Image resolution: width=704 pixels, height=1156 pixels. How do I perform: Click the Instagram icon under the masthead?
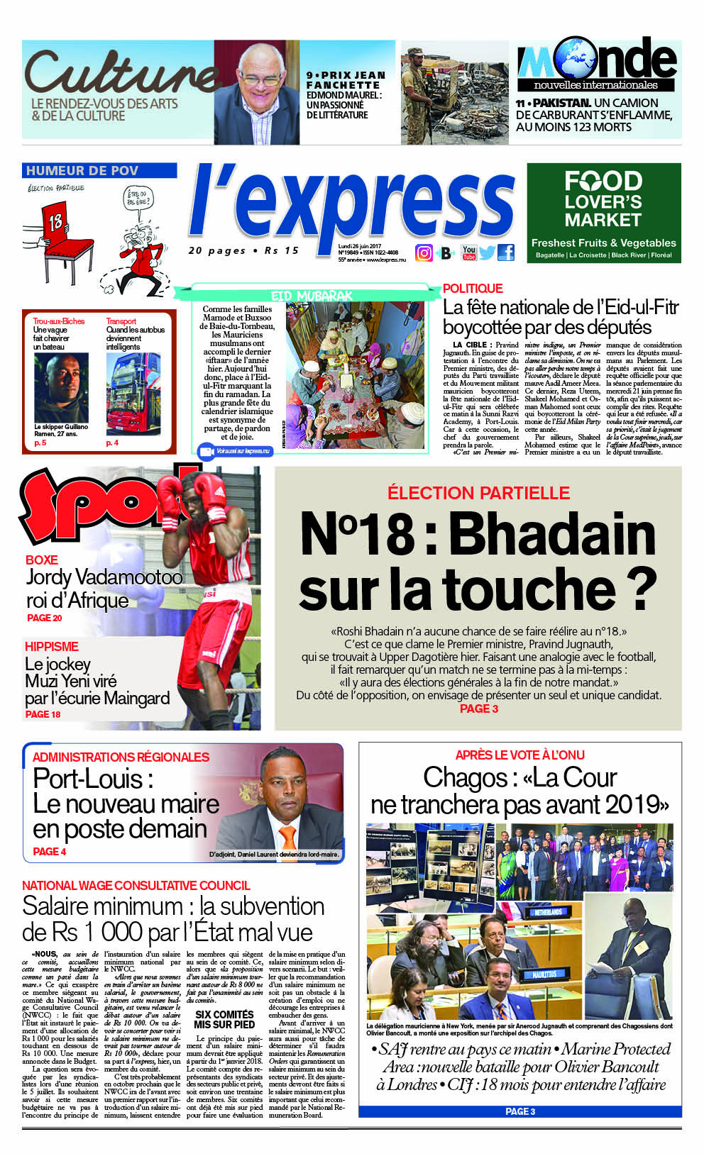pos(424,253)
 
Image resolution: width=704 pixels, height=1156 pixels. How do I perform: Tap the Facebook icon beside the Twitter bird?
pos(506,252)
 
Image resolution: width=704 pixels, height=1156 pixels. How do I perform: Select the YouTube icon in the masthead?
pos(469,252)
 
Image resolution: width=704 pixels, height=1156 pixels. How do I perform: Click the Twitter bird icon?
pos(488,252)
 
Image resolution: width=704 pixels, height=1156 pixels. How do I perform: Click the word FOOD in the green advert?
pos(603,182)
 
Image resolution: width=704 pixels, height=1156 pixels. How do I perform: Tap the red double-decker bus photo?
pos(133,394)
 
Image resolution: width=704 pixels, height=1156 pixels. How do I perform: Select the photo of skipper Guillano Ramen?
pos(62,387)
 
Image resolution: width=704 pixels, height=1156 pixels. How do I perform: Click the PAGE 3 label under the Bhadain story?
pos(479,708)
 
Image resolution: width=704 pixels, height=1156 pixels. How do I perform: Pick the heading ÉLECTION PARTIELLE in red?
pos(478,493)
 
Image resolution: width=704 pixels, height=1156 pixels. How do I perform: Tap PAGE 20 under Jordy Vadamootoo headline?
pos(44,618)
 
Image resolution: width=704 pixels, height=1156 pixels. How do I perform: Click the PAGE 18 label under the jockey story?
pos(43,714)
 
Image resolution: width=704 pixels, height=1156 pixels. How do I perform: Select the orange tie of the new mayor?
pos(287,836)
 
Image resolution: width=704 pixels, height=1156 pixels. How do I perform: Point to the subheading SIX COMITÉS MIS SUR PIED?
pos(224,1019)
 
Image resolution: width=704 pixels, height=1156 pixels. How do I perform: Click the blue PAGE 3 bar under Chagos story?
pos(519,1111)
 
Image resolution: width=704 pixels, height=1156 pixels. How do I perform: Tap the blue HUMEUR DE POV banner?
pos(99,170)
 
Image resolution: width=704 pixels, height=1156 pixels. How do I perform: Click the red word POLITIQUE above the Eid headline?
pos(473,289)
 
